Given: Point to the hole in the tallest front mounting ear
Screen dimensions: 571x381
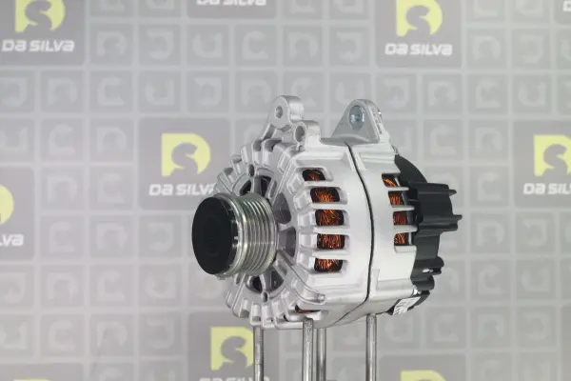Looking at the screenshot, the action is [279, 111].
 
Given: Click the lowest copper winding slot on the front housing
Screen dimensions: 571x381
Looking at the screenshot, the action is [328, 266].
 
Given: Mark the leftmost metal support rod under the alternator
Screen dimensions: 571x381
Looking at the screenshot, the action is [258, 351].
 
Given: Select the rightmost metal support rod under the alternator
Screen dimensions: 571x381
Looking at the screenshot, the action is [371, 349].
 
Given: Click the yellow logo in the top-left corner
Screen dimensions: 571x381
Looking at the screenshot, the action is [39, 15].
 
